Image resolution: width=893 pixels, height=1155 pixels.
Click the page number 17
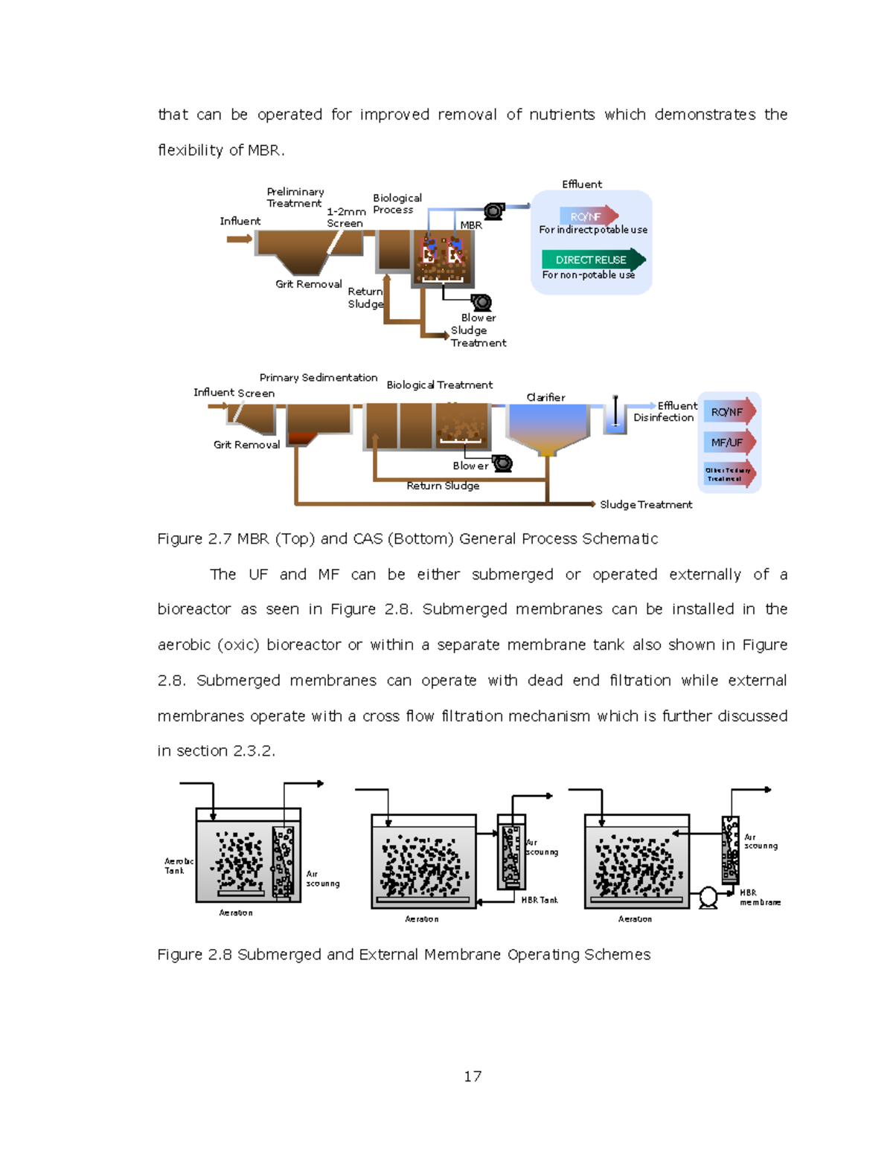472,1076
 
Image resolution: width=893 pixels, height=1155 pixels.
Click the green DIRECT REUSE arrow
592,260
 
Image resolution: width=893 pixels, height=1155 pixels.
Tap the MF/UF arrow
729,443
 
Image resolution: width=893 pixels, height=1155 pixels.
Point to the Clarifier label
545,397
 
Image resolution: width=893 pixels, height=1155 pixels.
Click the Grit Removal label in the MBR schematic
308,284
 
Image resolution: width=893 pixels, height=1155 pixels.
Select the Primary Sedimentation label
318,378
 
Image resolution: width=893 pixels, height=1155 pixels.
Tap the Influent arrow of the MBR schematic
239,239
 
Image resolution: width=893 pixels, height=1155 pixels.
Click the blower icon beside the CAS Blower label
503,463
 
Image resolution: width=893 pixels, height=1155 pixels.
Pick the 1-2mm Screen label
345,217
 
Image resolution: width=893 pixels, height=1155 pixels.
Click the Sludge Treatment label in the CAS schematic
646,504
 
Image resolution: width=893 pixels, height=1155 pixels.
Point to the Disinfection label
663,418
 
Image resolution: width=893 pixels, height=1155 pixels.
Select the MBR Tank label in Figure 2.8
540,900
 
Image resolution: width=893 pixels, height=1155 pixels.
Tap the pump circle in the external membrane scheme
708,897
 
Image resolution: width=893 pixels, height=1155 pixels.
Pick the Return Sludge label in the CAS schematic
443,486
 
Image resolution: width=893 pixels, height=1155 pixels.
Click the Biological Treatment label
439,385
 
